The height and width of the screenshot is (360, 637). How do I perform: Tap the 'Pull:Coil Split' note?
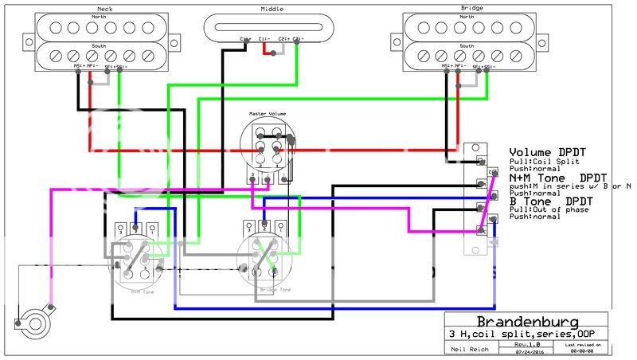click(x=538, y=162)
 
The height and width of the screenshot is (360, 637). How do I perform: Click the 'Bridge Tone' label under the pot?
click(x=276, y=290)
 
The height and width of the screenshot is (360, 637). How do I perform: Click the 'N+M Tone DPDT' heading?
click(x=557, y=177)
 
